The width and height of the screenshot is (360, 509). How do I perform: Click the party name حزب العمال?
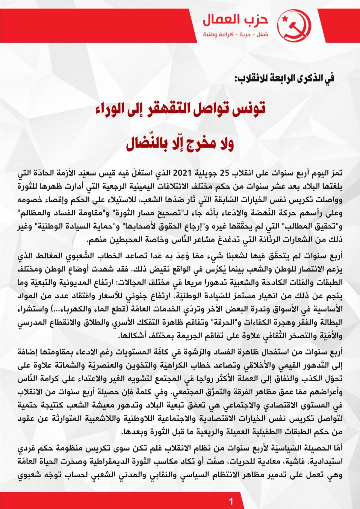click(x=236, y=20)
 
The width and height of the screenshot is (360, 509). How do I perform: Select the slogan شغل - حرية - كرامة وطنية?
click(x=236, y=34)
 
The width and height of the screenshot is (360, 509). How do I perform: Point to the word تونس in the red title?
click(x=250, y=109)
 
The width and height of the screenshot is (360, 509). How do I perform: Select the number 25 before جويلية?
click(x=225, y=173)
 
